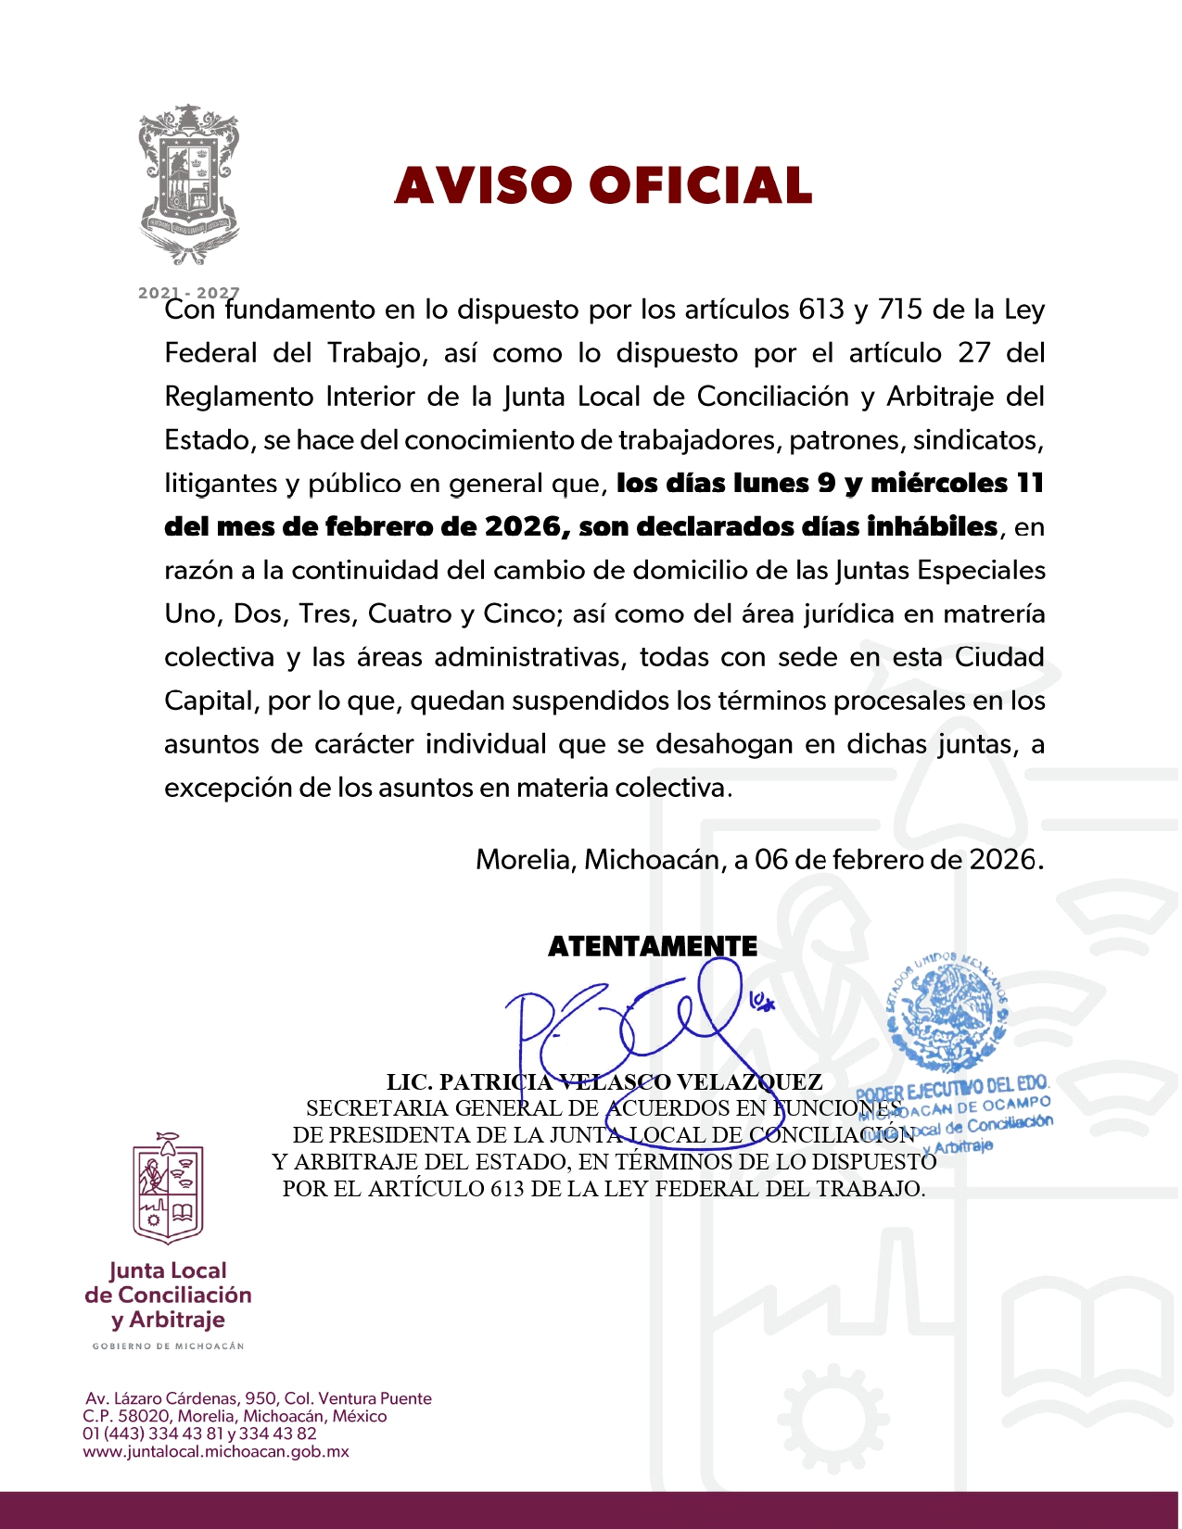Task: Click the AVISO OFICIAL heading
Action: (604, 185)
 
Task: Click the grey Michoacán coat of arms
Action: (189, 184)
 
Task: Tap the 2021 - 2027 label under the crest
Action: (188, 293)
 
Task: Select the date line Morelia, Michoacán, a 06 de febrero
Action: (759, 860)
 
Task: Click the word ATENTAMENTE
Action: (653, 946)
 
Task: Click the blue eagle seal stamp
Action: (947, 1010)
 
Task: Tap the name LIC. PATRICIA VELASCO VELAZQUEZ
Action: (604, 1082)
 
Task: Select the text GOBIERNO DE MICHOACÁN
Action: (168, 1346)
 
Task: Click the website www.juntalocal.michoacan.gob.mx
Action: (216, 1452)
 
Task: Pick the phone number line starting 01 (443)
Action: (199, 1434)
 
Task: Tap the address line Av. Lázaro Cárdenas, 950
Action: (259, 1398)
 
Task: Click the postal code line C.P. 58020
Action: (235, 1416)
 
